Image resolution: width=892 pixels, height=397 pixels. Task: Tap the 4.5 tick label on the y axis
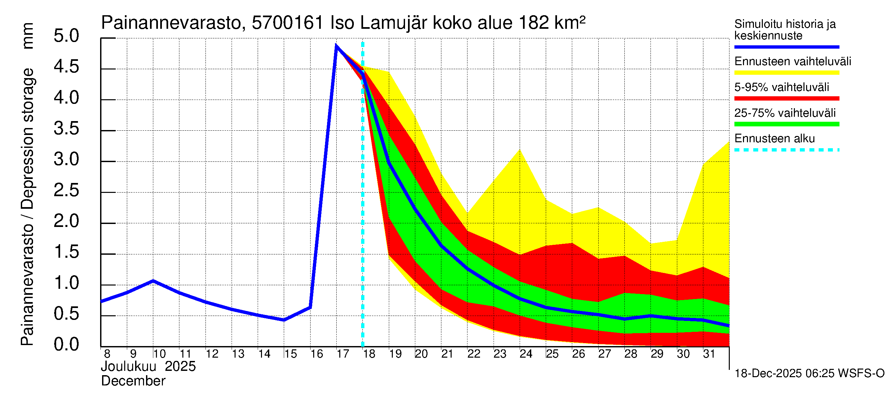point(66,66)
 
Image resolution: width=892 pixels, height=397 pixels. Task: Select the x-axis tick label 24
point(526,354)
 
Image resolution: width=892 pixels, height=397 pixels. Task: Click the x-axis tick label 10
point(159,354)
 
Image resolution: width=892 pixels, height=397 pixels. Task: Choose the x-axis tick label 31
point(709,354)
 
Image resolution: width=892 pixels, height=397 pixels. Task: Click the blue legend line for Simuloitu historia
point(786,47)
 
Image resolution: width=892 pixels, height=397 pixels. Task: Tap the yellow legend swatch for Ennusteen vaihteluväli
point(786,73)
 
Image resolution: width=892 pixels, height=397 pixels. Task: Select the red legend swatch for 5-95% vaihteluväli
point(786,99)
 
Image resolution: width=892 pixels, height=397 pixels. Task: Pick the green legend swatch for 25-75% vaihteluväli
point(786,124)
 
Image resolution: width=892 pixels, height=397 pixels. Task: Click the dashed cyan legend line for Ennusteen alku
point(786,150)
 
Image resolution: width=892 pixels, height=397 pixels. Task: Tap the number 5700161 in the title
point(287,23)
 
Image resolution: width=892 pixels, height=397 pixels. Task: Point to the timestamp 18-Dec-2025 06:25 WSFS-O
point(809,374)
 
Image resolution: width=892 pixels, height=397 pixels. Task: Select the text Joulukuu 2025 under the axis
point(148,367)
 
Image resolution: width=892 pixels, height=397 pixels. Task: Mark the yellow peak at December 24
point(520,150)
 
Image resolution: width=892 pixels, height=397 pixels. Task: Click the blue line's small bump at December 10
point(153,281)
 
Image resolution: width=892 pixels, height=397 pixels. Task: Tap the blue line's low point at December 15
point(284,320)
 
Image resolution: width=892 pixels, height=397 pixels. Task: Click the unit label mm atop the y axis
point(28,36)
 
